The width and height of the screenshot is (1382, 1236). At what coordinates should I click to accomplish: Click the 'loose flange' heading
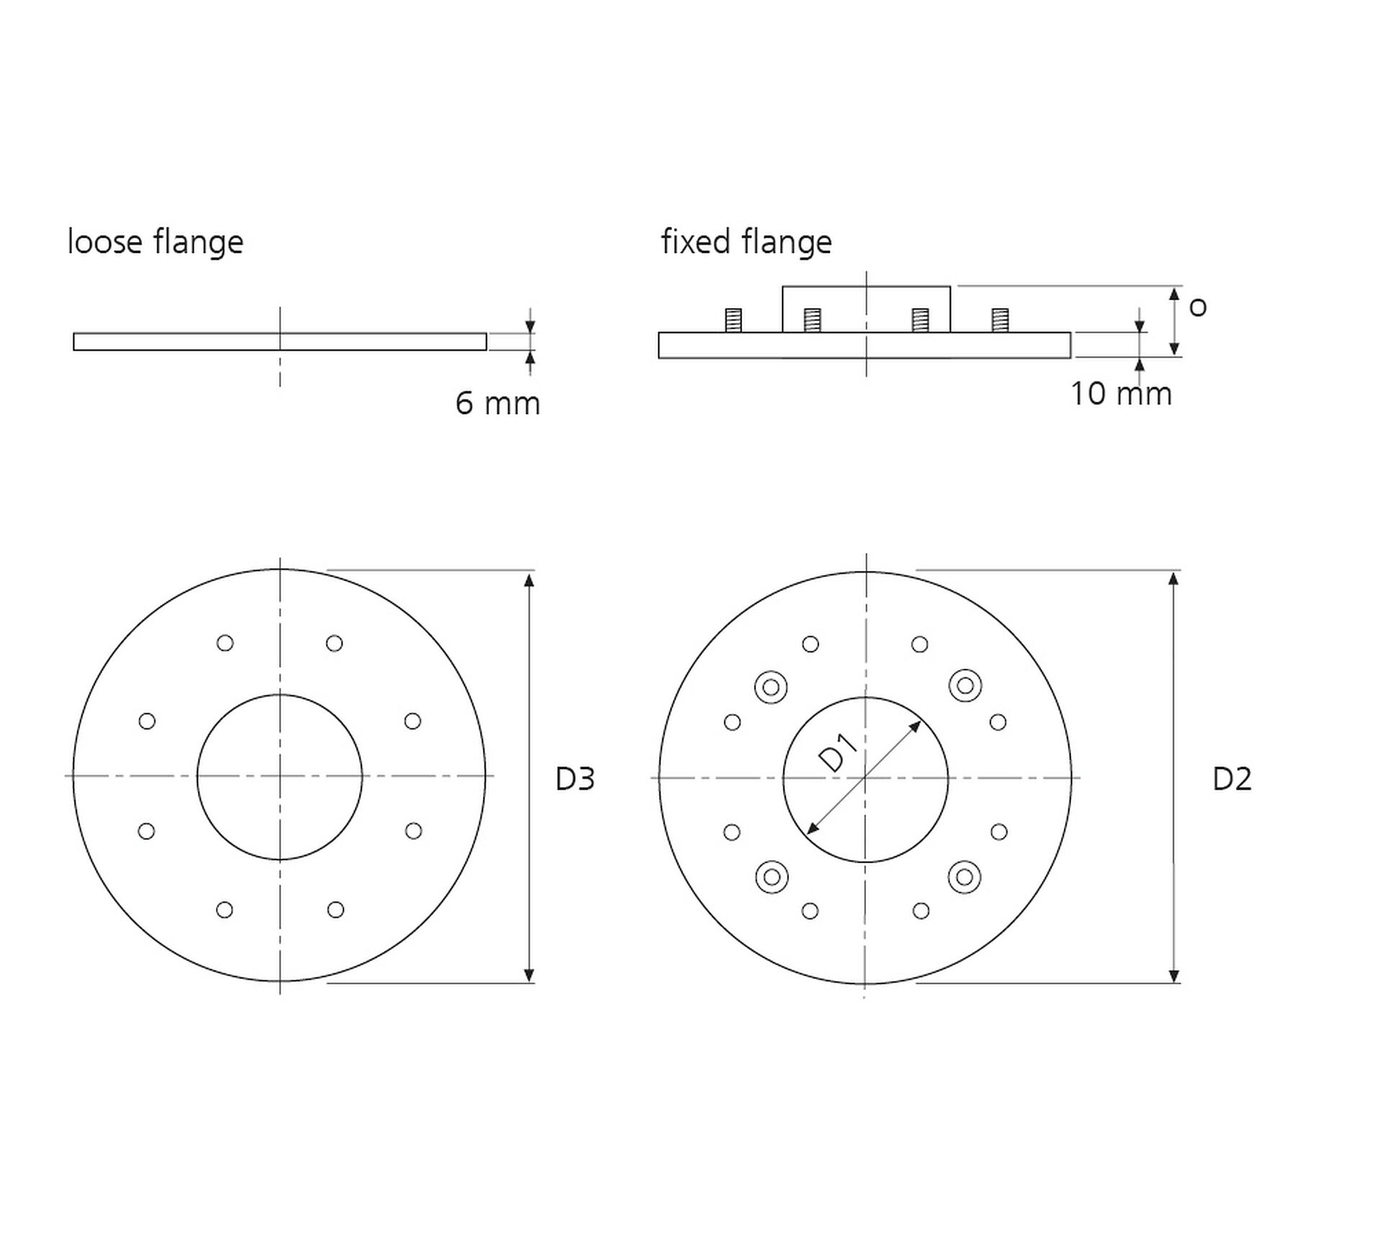tap(155, 243)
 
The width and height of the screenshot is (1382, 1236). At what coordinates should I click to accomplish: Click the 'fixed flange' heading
tap(746, 243)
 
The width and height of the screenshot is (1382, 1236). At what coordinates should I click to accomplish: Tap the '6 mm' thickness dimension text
tap(497, 403)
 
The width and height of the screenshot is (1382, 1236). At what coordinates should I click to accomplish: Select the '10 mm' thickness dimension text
tap(1121, 394)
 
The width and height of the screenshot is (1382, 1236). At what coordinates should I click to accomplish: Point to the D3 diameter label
tap(575, 779)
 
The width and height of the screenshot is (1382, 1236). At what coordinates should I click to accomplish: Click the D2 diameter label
tap(1232, 779)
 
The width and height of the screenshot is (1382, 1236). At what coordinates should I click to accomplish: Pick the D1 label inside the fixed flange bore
tap(839, 753)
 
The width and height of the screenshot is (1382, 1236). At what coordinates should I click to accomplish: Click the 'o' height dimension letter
tap(1198, 308)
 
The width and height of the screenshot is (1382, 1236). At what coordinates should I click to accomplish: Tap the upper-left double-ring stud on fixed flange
tap(771, 687)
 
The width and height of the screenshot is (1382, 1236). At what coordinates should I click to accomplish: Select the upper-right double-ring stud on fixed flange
tap(965, 685)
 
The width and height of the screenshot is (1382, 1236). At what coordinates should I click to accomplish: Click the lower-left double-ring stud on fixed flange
tap(772, 877)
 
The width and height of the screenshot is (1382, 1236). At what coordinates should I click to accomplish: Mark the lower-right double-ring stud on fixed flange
tap(965, 877)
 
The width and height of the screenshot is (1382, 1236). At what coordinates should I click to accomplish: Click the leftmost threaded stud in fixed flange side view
tap(733, 320)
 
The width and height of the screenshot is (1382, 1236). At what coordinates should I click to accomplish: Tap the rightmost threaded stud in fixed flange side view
tap(1000, 320)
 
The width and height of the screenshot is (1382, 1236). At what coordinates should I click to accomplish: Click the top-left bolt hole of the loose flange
tap(225, 643)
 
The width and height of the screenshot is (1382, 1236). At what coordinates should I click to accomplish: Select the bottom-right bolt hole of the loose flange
tap(335, 910)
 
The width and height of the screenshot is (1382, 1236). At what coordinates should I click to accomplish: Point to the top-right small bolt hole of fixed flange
tap(920, 644)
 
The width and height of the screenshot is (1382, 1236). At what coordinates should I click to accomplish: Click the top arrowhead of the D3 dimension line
tap(529, 579)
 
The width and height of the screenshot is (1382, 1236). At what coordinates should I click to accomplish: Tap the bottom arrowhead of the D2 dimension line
tap(1174, 975)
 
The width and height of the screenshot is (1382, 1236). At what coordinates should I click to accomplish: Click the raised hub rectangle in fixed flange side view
tap(867, 310)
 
